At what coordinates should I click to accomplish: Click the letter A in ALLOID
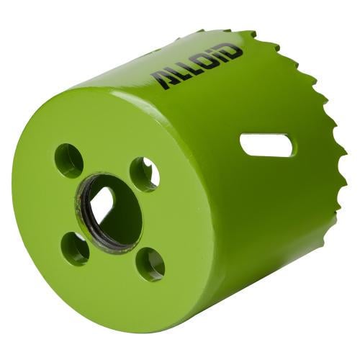pos(161,80)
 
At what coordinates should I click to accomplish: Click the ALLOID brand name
pos(197,67)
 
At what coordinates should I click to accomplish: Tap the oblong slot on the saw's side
pos(267,145)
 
